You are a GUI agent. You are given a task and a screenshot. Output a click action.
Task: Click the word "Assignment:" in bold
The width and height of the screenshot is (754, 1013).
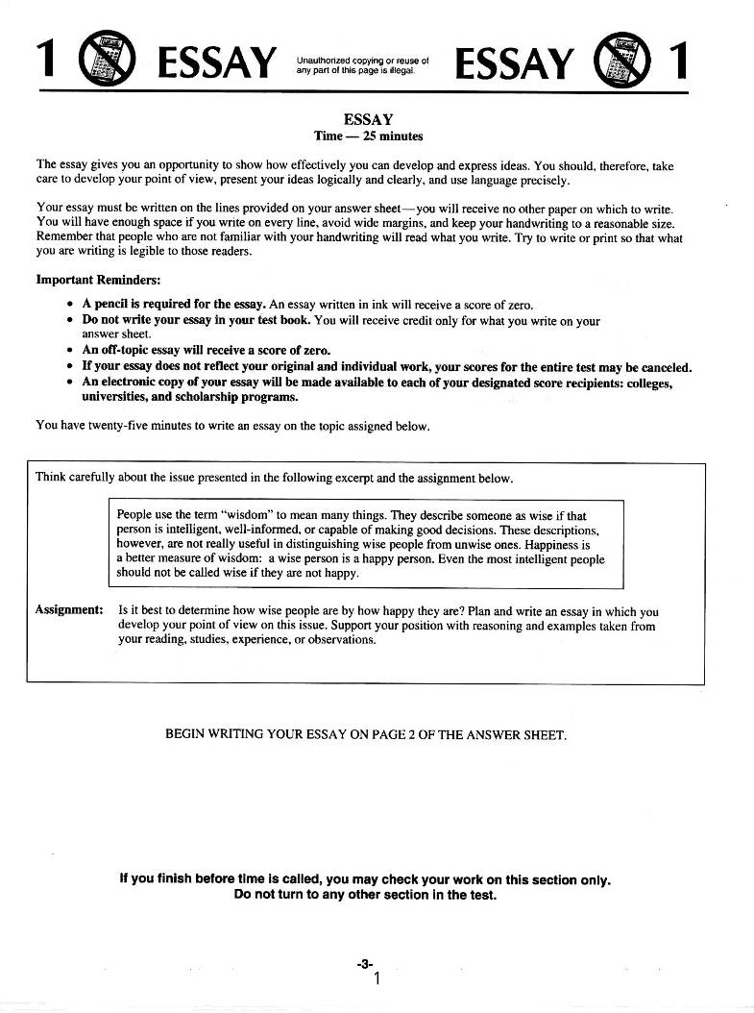point(69,610)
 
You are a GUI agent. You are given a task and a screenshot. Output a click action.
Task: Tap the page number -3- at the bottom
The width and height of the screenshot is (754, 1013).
point(364,962)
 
